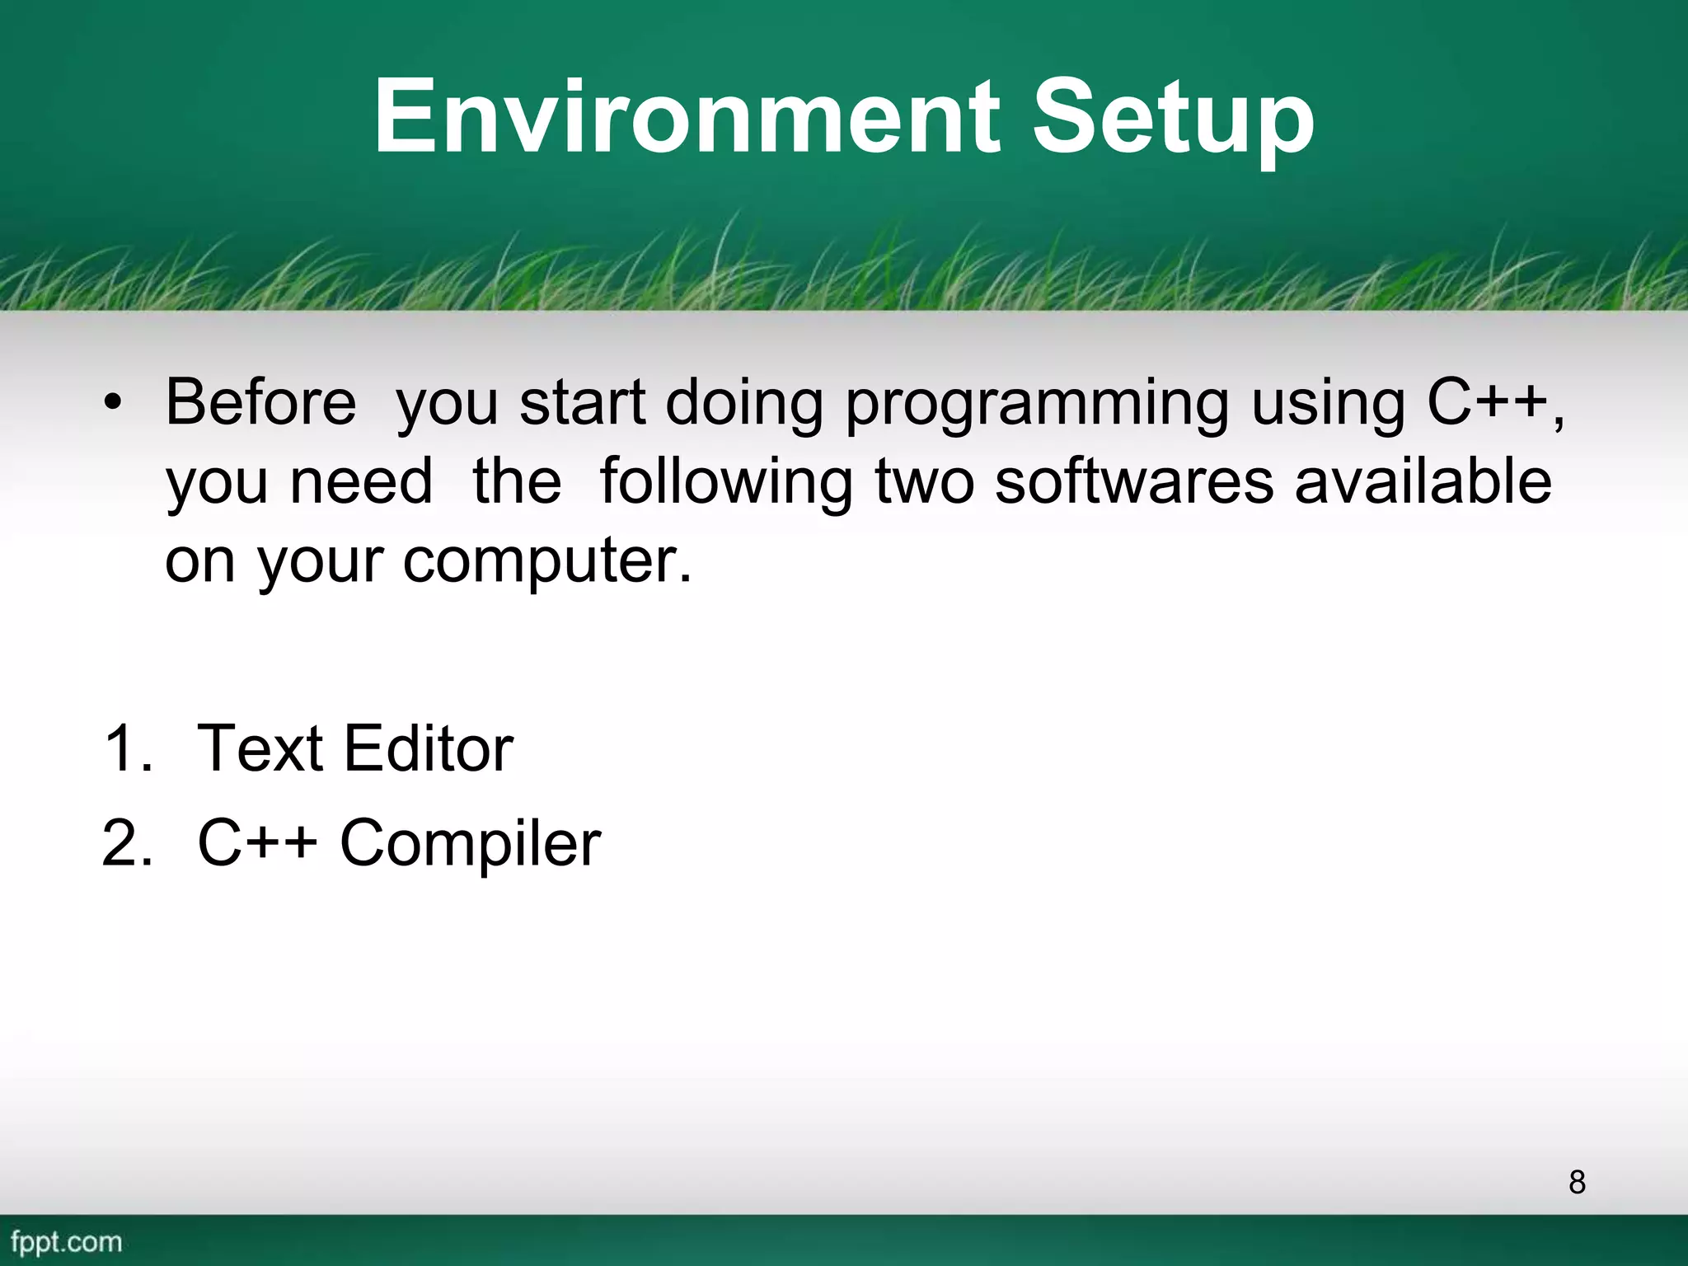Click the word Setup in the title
pos(1173,118)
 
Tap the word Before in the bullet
pos(260,402)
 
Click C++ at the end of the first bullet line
pos(1488,402)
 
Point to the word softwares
pos(1134,481)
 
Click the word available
pos(1423,481)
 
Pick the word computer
pos(547,561)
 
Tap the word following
pos(725,483)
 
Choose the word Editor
pos(429,748)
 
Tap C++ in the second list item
pos(257,843)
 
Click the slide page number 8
pos(1577,1182)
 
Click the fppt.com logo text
pos(66,1241)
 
